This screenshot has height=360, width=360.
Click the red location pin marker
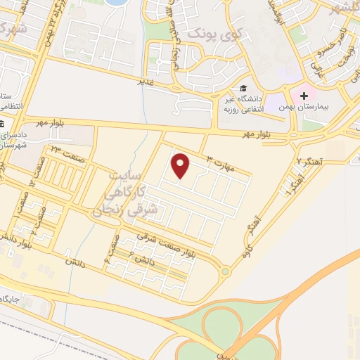[181, 166]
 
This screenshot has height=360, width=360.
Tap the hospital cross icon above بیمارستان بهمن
[303, 95]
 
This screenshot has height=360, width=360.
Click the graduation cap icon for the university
[243, 89]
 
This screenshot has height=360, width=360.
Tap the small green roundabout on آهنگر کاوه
[225, 271]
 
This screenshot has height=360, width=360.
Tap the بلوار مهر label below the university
[257, 134]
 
